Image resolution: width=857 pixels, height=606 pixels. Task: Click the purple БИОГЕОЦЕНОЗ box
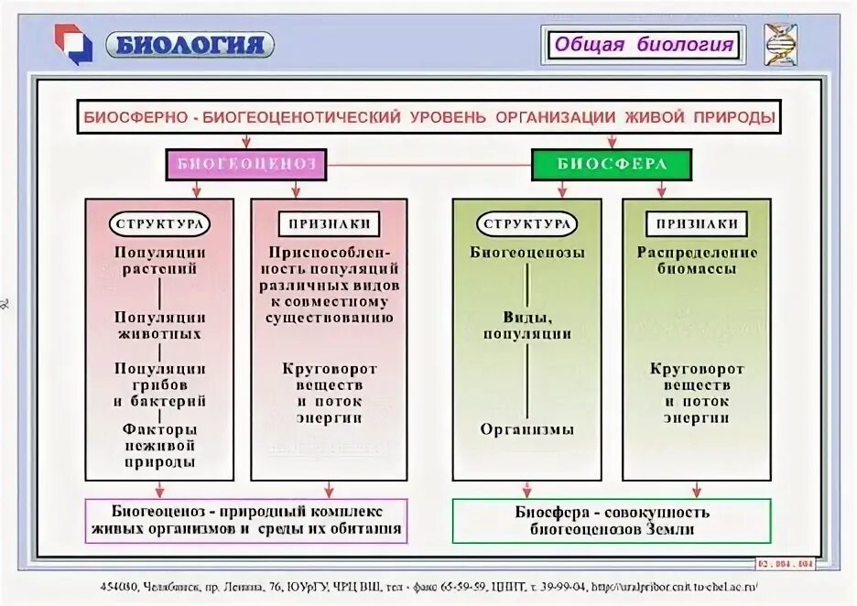[x=245, y=165]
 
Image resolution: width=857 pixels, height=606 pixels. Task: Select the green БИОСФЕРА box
[x=612, y=165]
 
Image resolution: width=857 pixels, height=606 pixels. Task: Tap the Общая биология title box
[x=644, y=44]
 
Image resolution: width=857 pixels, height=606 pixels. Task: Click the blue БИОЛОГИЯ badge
[x=190, y=44]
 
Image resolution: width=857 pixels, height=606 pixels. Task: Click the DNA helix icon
[x=780, y=44]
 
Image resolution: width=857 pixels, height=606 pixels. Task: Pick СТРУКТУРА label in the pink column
[x=159, y=224]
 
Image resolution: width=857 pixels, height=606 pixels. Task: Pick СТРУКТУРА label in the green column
[x=527, y=224]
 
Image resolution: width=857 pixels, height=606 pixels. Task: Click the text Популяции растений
[x=159, y=261]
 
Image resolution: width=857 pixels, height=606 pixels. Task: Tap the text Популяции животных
[x=159, y=325]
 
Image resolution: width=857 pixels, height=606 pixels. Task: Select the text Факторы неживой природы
[x=159, y=445]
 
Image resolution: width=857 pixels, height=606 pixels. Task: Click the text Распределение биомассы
[x=697, y=260]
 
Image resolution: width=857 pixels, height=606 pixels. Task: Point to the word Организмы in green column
[x=527, y=429]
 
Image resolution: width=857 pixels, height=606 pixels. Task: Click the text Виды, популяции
[x=527, y=325]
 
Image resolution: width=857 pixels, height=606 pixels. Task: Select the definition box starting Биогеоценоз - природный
[x=245, y=520]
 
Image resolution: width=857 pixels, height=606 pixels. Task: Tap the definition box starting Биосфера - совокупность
[x=612, y=521]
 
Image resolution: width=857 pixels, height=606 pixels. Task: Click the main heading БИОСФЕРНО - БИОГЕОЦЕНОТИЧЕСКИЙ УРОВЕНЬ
[x=429, y=117]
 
